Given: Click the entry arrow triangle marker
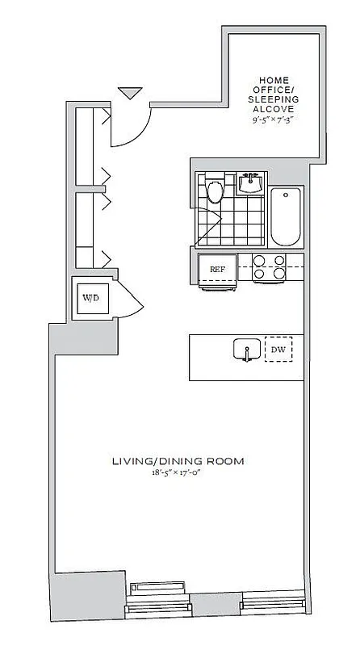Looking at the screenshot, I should coord(129,94).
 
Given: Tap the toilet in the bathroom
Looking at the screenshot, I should coord(215,191).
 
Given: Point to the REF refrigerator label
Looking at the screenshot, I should coord(218,269).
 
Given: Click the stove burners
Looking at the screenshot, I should coord(270,266).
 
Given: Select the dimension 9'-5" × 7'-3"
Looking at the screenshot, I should coord(273,119).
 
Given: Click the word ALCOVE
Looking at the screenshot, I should coord(273,108).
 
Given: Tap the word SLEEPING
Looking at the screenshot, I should coord(273,99).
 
